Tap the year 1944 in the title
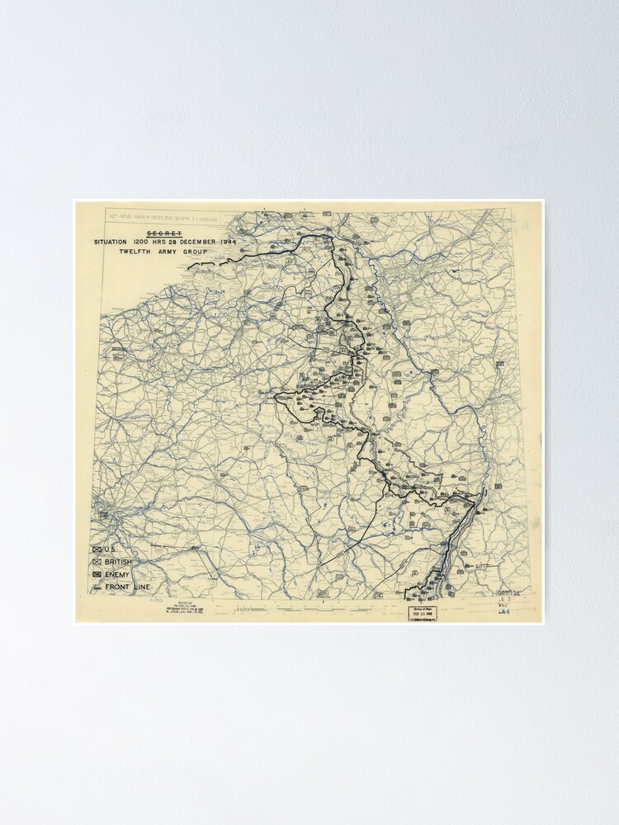[x=262, y=243]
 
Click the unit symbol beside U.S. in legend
[x=97, y=548]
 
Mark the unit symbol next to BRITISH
[x=97, y=561]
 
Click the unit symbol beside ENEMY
[x=97, y=574]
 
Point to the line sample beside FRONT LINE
[x=97, y=589]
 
